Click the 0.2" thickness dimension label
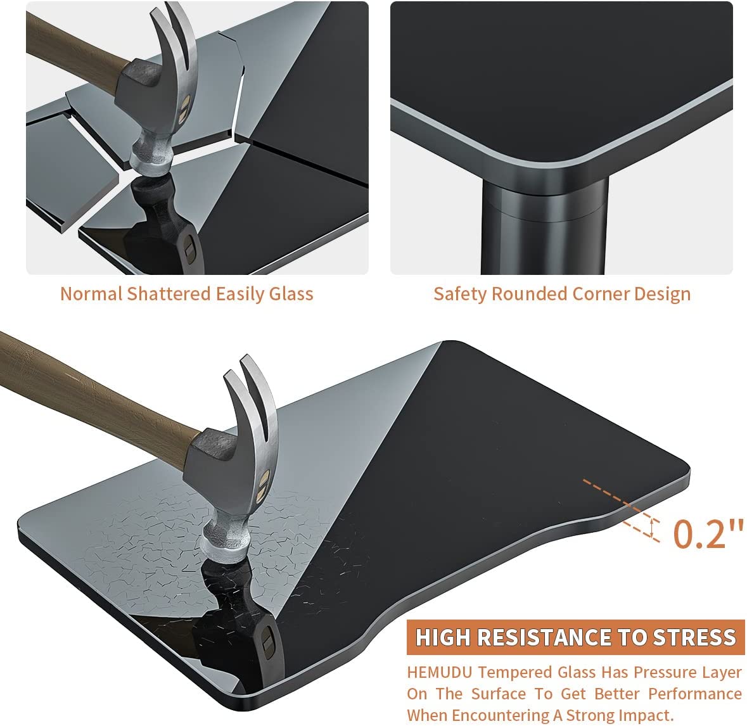pos(708,533)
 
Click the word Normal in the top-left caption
pos(91,293)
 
